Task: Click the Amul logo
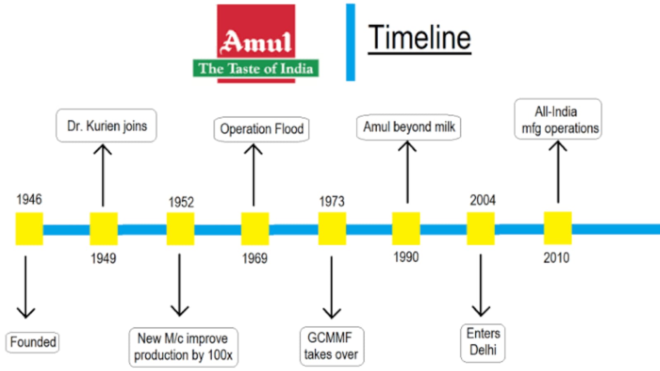tap(256, 44)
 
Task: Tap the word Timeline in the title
tap(419, 38)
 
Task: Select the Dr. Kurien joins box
tap(106, 126)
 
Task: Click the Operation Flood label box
tap(261, 129)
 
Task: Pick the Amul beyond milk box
tap(409, 127)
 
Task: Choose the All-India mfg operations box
tap(558, 120)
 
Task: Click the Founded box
tap(33, 342)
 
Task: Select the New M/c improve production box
tap(183, 347)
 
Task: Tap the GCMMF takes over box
tap(331, 346)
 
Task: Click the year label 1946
tap(29, 199)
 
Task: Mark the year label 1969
tap(255, 258)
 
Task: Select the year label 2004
tap(483, 200)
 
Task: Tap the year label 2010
tap(556, 258)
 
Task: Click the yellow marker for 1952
tap(180, 229)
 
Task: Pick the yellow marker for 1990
tap(406, 228)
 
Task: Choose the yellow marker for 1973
tap(332, 229)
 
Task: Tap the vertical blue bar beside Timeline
tap(350, 42)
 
